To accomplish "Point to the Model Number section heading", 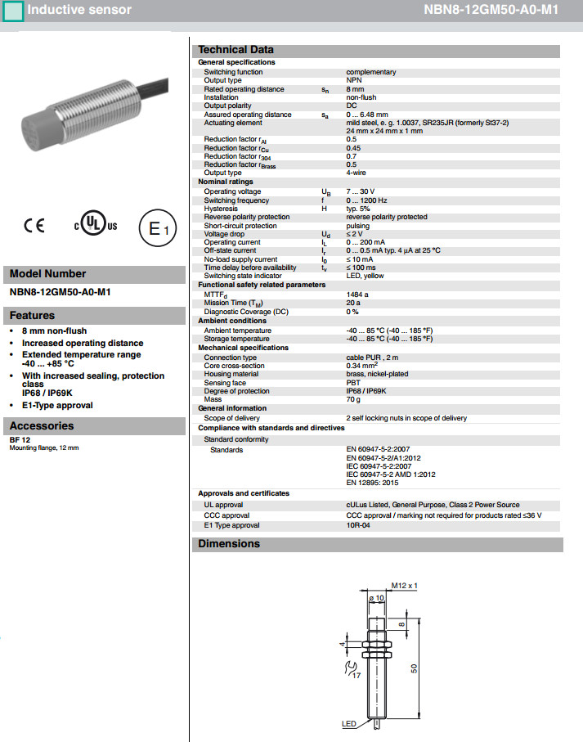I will click(47, 274).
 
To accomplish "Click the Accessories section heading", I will click(42, 425).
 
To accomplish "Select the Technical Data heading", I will click(235, 50).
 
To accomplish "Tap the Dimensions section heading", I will click(229, 544).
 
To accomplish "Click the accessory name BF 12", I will click(19, 440).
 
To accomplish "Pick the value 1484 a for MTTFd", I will click(357, 294).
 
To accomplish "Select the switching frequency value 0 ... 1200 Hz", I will click(366, 200).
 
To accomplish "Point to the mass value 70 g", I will click(353, 399).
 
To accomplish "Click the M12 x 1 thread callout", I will click(404, 586).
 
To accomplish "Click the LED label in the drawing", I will click(349, 725).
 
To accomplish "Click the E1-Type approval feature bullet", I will click(57, 405).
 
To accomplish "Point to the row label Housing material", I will click(231, 374).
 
